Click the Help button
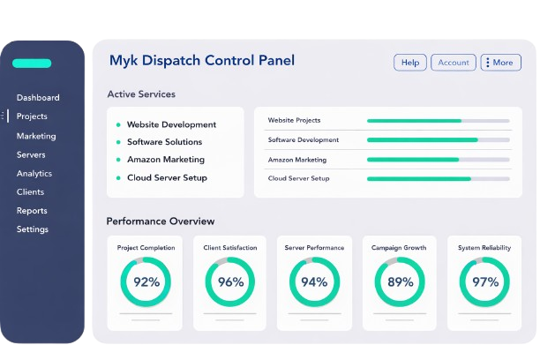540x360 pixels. coord(410,63)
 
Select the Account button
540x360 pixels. coord(454,63)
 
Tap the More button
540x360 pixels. coord(500,63)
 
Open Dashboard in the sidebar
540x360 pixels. coord(38,97)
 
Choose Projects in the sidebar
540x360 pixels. coord(32,116)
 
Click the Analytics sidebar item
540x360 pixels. coord(34,174)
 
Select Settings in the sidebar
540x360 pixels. coord(33,229)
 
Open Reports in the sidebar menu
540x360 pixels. coord(32,211)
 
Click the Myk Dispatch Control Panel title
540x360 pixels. coord(201,61)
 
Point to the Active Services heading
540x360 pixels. coord(141,94)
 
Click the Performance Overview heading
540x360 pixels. coord(161,221)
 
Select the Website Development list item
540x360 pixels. coord(171,124)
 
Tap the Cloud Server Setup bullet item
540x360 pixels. coord(167,177)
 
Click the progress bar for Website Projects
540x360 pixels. coord(438,120)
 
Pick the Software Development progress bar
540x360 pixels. coord(438,139)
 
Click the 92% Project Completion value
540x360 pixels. coord(146,282)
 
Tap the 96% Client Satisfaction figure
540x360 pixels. coord(230,282)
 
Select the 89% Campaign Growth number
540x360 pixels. coord(400,282)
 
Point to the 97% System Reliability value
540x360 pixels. coord(484,282)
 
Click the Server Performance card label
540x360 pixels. coord(315,248)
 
